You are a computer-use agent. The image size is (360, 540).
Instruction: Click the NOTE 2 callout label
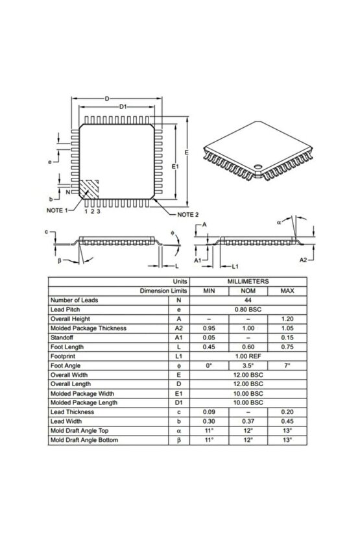[x=185, y=214]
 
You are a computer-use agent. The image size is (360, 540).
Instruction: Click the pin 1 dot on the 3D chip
[x=258, y=167]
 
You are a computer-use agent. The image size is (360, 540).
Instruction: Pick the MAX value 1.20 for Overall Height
[x=286, y=319]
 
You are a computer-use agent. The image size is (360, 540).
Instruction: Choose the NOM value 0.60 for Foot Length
[x=248, y=347]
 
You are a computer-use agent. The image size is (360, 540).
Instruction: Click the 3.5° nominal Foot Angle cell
[x=248, y=365]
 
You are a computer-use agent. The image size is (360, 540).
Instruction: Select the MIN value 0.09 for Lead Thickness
[x=209, y=411]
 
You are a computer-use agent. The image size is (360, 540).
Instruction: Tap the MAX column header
[x=286, y=291]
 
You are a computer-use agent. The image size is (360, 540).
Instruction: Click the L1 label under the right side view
[x=235, y=266]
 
